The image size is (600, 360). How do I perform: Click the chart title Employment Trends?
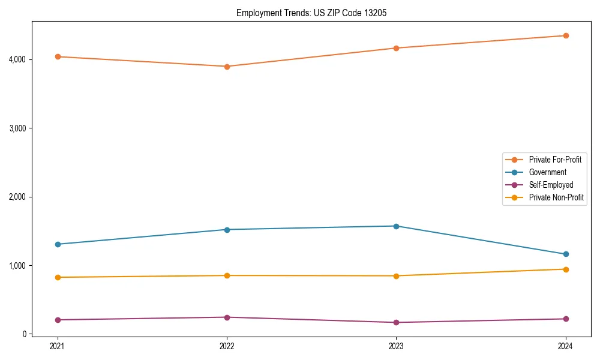pyautogui.click(x=307, y=13)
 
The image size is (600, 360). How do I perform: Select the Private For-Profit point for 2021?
pyautogui.click(x=58, y=57)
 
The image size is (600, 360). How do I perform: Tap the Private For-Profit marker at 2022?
pyautogui.click(x=227, y=67)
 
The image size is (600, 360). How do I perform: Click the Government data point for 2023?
pyautogui.click(x=396, y=226)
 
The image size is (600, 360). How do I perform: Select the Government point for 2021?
pyautogui.click(x=58, y=244)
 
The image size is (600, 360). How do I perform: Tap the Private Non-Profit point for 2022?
pyautogui.click(x=227, y=275)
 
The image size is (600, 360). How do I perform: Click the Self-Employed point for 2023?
pyautogui.click(x=396, y=323)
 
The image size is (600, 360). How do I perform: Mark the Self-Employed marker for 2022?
pyautogui.click(x=227, y=317)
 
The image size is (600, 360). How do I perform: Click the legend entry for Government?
pyautogui.click(x=547, y=172)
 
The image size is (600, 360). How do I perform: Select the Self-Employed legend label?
pyautogui.click(x=551, y=185)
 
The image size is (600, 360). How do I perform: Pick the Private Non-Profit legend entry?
pyautogui.click(x=556, y=197)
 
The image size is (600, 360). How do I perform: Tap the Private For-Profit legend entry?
pyautogui.click(x=555, y=160)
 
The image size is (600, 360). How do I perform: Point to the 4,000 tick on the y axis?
pyautogui.click(x=17, y=59)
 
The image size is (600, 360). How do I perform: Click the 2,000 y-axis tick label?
pyautogui.click(x=17, y=197)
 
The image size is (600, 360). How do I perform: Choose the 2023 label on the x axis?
pyautogui.click(x=396, y=346)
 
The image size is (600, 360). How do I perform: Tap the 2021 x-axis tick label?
pyautogui.click(x=58, y=346)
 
